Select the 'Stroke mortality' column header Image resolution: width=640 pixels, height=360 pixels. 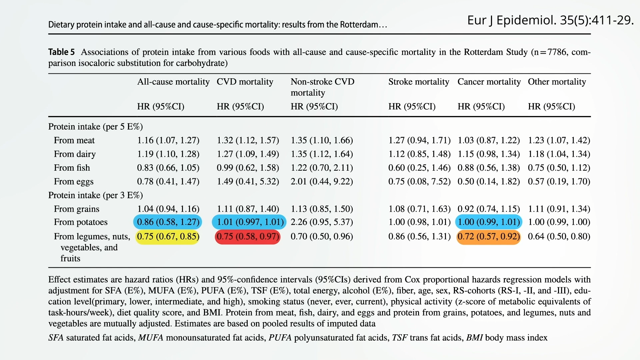click(x=418, y=82)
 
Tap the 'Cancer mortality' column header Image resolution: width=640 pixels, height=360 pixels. click(x=489, y=82)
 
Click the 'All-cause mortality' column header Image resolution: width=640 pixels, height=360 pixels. click(x=173, y=82)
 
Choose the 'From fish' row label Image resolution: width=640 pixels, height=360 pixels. click(x=72, y=168)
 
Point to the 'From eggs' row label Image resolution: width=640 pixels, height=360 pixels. click(x=73, y=181)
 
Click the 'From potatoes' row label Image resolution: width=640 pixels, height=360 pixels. click(x=80, y=222)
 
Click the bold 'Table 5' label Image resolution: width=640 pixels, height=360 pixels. click(x=61, y=52)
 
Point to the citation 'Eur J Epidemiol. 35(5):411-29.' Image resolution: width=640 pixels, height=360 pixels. click(x=550, y=20)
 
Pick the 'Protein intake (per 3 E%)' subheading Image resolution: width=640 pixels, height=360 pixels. click(x=95, y=195)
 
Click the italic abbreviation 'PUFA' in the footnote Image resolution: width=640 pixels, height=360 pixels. click(x=280, y=338)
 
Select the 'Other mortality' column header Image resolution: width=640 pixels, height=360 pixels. click(x=557, y=82)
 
